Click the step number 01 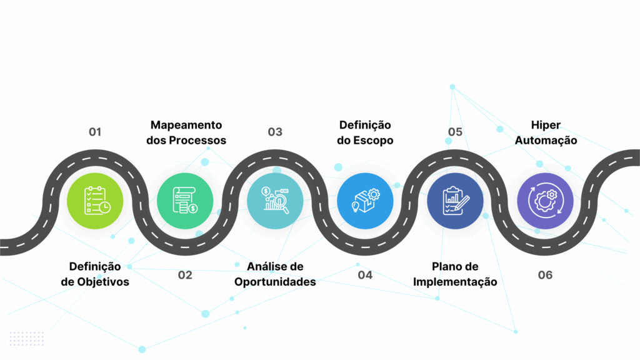pyautogui.click(x=95, y=132)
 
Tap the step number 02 pyautogui.click(x=185, y=275)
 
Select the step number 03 pyautogui.click(x=275, y=132)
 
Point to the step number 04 pyautogui.click(x=365, y=275)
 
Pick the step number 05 pyautogui.click(x=455, y=132)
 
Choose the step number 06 pyautogui.click(x=545, y=275)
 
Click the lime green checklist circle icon pyautogui.click(x=95, y=201)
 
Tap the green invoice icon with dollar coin pyautogui.click(x=185, y=201)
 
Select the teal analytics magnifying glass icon pyautogui.click(x=275, y=201)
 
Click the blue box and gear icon pyautogui.click(x=365, y=201)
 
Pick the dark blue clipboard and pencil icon pyautogui.click(x=455, y=201)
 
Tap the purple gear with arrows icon pyautogui.click(x=545, y=201)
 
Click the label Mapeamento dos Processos pyautogui.click(x=186, y=132)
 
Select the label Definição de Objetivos pyautogui.click(x=95, y=274)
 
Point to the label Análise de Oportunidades pyautogui.click(x=275, y=274)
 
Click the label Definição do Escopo pyautogui.click(x=365, y=132)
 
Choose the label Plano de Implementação pyautogui.click(x=455, y=274)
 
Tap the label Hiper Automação pyautogui.click(x=546, y=132)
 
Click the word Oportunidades pyautogui.click(x=275, y=282)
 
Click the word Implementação pyautogui.click(x=455, y=282)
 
